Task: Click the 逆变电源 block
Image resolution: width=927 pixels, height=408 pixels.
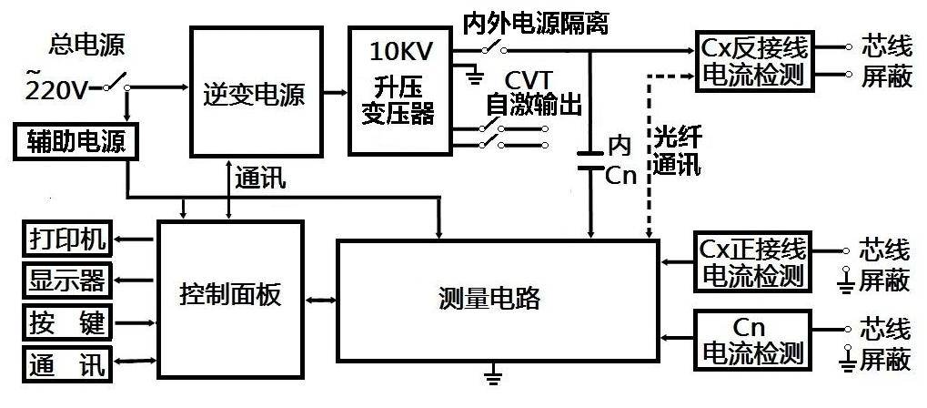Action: (256, 93)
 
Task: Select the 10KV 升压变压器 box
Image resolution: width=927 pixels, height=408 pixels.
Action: (402, 89)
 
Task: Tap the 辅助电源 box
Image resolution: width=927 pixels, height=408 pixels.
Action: (76, 141)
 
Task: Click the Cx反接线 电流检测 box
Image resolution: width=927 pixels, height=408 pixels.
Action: (754, 61)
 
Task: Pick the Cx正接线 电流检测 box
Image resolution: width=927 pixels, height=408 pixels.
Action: (753, 261)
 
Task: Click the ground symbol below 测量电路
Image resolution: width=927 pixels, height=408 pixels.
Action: (495, 372)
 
